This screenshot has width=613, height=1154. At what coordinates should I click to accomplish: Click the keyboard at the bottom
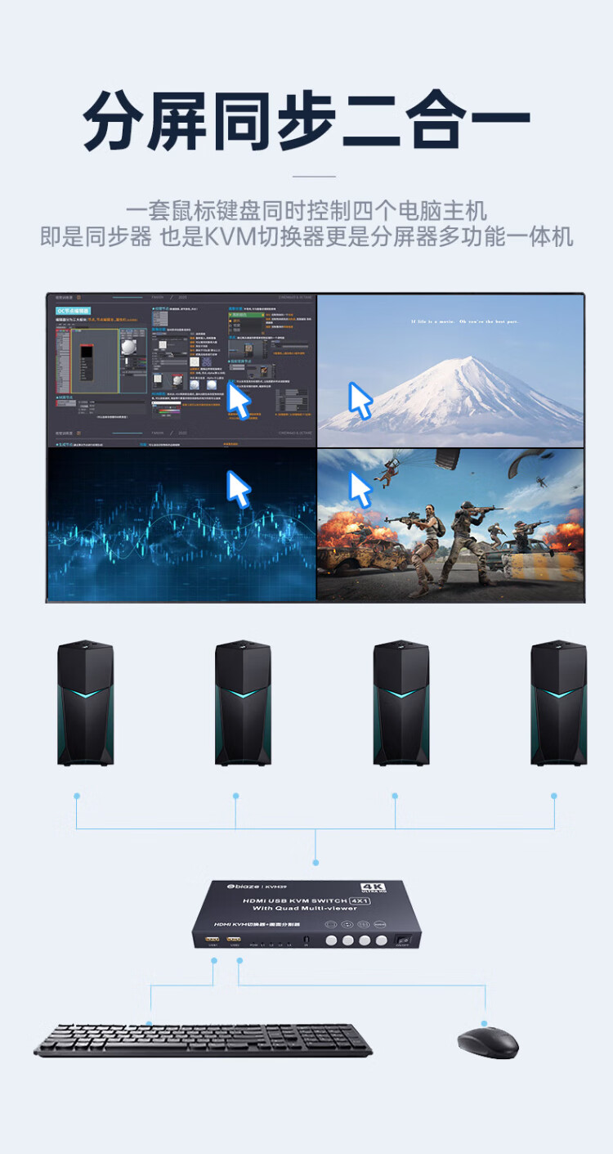[203, 1040]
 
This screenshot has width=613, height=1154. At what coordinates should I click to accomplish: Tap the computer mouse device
[487, 1042]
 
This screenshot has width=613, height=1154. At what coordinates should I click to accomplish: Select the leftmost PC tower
[85, 703]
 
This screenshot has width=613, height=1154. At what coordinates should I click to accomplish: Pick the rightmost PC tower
[558, 703]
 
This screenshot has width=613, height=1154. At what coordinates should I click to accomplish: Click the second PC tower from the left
[243, 703]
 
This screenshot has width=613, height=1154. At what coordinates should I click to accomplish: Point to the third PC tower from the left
[400, 703]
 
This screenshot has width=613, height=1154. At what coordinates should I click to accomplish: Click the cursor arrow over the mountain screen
[360, 400]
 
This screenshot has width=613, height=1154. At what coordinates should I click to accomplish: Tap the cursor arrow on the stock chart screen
[238, 488]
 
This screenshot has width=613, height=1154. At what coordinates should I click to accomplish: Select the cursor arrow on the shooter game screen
[360, 488]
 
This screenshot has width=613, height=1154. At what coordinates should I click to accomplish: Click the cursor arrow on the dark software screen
[238, 401]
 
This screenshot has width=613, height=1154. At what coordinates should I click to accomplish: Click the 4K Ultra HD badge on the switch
[372, 889]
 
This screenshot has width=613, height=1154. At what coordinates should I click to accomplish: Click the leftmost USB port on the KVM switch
[212, 941]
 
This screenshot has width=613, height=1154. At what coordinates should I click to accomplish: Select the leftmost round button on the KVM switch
[331, 941]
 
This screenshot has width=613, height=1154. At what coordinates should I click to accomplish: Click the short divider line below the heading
[314, 176]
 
